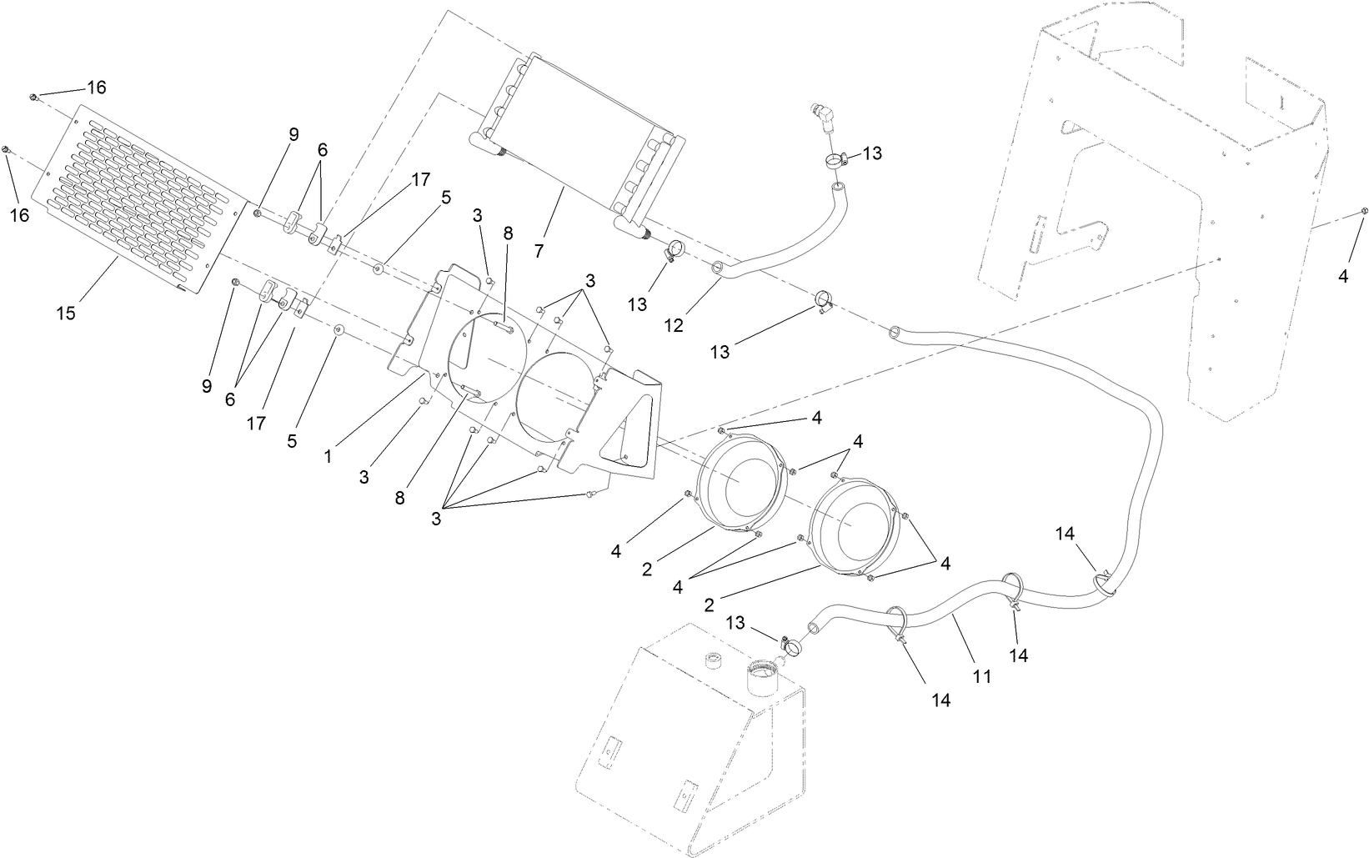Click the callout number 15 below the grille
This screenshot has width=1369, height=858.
[x=66, y=313]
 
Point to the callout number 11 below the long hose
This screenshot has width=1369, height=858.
[x=982, y=676]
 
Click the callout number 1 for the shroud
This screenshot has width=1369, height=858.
[x=328, y=456]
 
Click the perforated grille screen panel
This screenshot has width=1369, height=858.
[x=142, y=200]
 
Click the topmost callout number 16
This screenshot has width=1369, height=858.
[x=97, y=88]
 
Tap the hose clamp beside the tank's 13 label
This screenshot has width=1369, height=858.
[x=787, y=644]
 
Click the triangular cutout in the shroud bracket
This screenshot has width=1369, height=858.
[x=632, y=439]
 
